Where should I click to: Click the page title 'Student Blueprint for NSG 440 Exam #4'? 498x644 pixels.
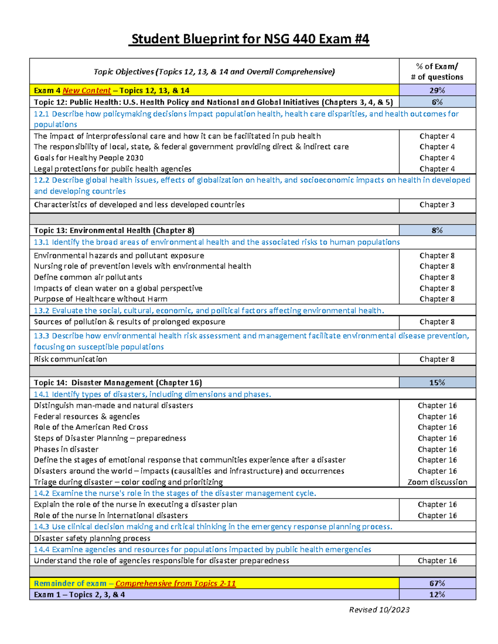tap(249, 39)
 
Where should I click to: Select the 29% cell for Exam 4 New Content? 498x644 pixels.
tap(437, 90)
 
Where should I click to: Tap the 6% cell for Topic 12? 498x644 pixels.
tap(437, 102)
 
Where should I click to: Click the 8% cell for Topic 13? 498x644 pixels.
tap(437, 230)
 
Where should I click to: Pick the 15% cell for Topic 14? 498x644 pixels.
tap(437, 382)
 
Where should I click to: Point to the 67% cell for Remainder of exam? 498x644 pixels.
tap(437, 583)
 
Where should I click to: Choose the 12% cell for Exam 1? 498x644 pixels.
tap(437, 594)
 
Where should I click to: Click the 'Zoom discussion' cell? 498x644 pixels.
tap(437, 482)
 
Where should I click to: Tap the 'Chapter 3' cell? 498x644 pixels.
tap(437, 204)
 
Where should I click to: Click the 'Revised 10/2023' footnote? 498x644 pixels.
tap(379, 610)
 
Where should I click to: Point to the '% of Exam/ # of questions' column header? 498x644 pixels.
tap(437, 71)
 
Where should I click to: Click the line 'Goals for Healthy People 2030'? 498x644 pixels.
tap(88, 158)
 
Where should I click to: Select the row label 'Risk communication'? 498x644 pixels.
tap(70, 359)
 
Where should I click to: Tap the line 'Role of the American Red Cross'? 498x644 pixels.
tap(91, 427)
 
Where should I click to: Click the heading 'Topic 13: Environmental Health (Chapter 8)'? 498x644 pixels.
tap(114, 230)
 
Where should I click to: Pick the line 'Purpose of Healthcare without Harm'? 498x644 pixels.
tap(100, 299)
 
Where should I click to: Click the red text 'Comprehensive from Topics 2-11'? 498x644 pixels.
tap(176, 583)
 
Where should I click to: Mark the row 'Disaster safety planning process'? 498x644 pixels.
tap(92, 538)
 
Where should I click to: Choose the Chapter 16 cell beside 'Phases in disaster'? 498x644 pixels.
tap(437, 449)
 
